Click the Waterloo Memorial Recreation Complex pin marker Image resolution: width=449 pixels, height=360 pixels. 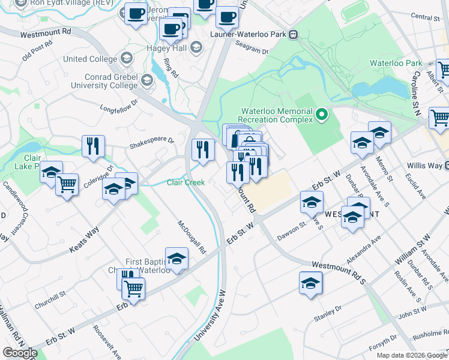click(322, 114)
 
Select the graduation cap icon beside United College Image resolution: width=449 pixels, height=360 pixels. click(127, 58)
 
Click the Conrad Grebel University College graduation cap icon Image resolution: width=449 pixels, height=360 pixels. click(146, 80)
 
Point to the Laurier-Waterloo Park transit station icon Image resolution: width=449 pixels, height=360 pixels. click(294, 34)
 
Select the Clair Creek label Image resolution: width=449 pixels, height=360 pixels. click(185, 182)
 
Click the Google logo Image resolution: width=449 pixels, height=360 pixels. click(20, 353)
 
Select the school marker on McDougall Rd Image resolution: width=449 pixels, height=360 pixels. click(176, 259)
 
